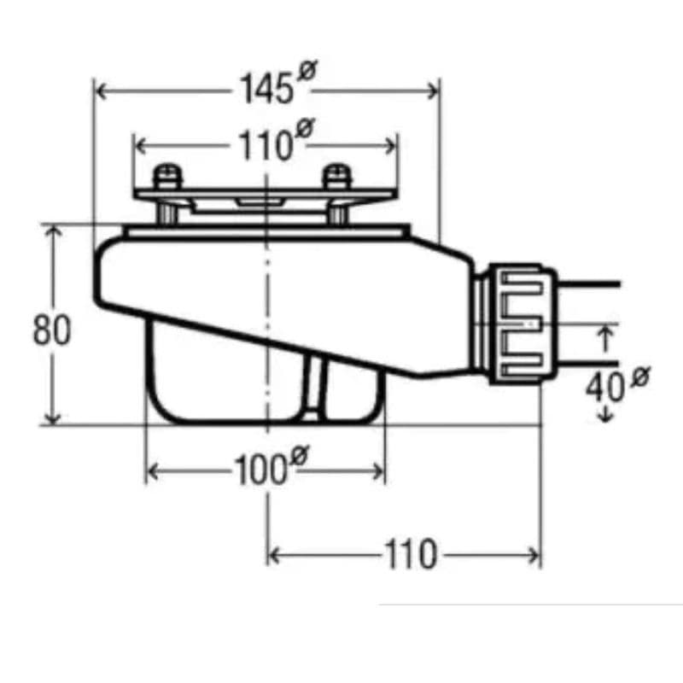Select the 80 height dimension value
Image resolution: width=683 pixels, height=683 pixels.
[x=51, y=330]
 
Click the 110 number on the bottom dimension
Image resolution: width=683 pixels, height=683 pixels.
[x=410, y=555]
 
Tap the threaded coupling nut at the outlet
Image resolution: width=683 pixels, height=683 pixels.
[x=519, y=322]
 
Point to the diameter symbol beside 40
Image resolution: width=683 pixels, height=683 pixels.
[x=640, y=376]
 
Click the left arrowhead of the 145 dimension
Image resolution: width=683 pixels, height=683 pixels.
[x=99, y=90]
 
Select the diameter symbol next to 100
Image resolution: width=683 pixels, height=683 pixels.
[x=298, y=457]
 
